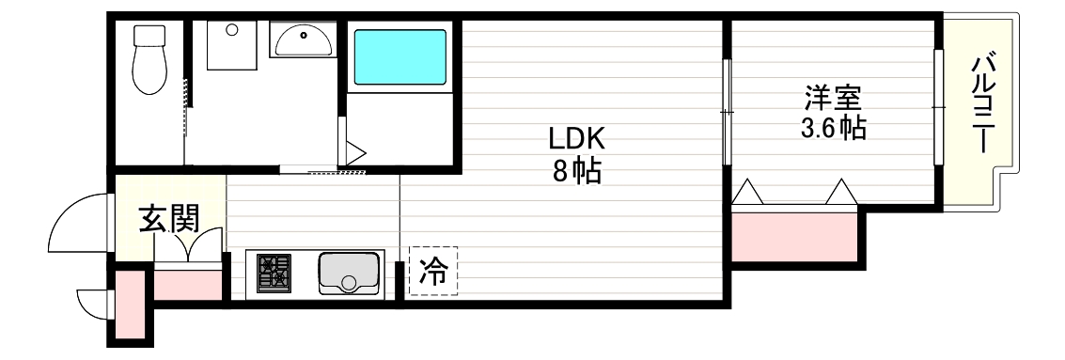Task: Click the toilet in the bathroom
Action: click(148, 61)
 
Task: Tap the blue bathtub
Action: click(399, 59)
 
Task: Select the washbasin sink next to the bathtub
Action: click(303, 41)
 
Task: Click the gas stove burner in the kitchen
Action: click(274, 274)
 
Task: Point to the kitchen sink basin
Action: click(349, 273)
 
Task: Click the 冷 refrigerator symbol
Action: click(433, 272)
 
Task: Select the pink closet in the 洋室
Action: click(794, 235)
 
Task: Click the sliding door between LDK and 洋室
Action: click(728, 111)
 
